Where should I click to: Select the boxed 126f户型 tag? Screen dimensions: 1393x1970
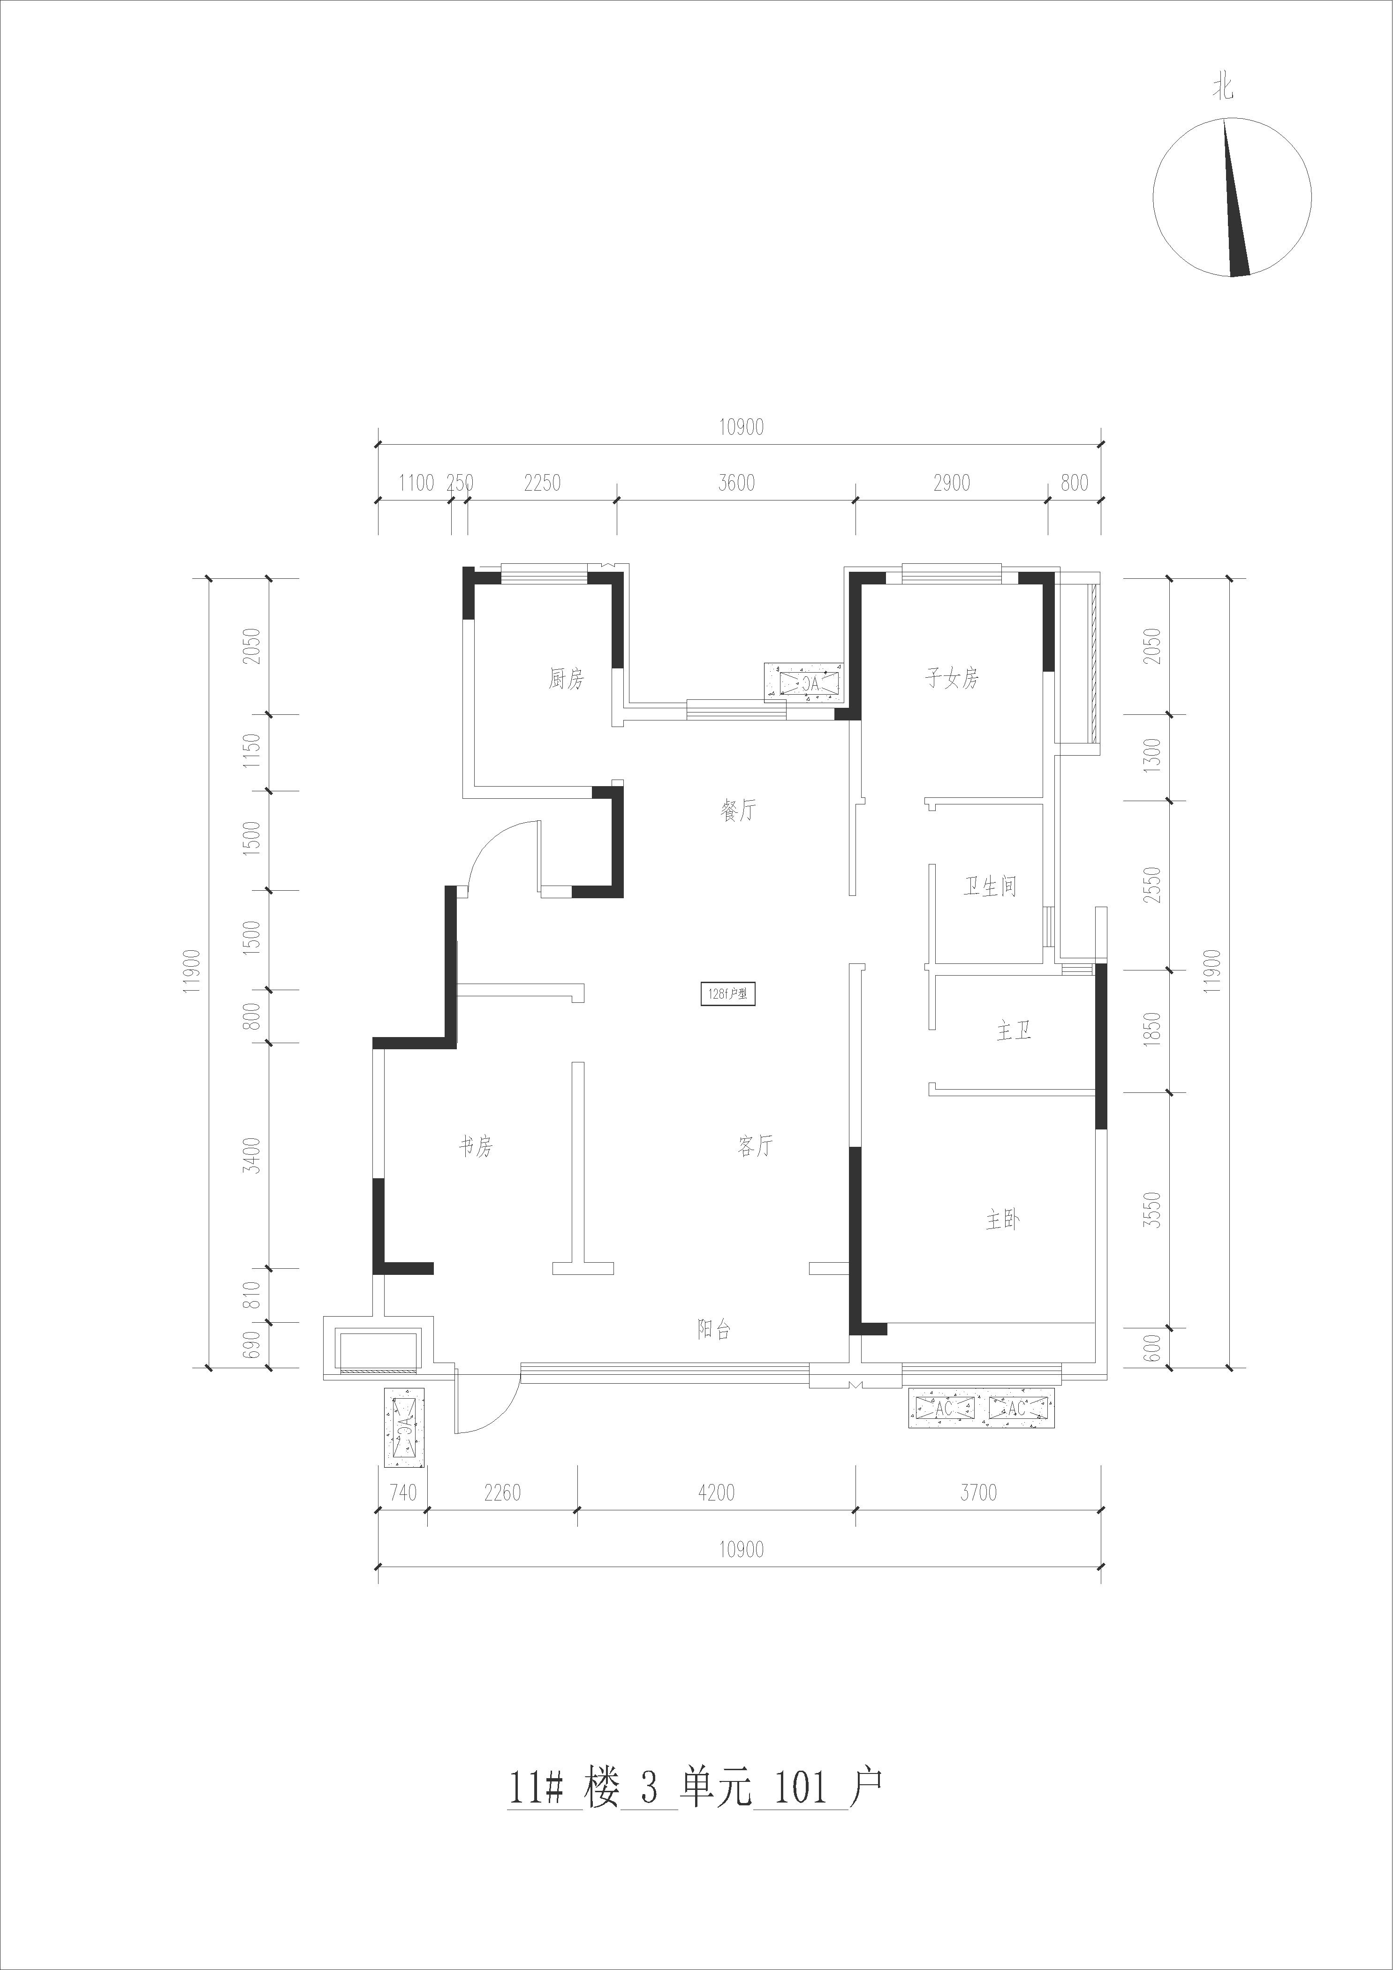pos(728,995)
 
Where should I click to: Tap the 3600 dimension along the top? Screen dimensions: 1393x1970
pos(736,483)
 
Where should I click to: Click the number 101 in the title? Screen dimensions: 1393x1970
pos(799,1787)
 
